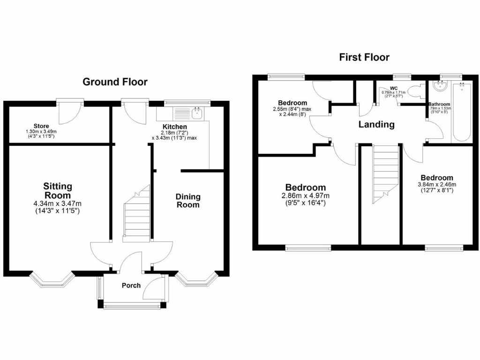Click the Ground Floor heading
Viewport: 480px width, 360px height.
pyautogui.click(x=115, y=82)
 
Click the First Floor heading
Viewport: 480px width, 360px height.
pyautogui.click(x=364, y=57)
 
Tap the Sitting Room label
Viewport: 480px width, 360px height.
pyautogui.click(x=58, y=191)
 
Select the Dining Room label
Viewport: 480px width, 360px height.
pyautogui.click(x=187, y=201)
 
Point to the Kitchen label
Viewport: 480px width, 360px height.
pyautogui.click(x=175, y=127)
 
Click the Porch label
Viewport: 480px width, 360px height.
pyautogui.click(x=131, y=285)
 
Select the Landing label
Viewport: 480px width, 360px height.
pyautogui.click(x=376, y=125)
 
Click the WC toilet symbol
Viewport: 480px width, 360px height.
pyautogui.click(x=415, y=91)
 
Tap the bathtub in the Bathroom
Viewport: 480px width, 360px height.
pyautogui.click(x=462, y=112)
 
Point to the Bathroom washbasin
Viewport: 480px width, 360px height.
pyautogui.click(x=439, y=86)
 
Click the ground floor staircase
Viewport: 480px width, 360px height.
pyautogui.click(x=136, y=216)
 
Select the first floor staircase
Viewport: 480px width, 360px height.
pyautogui.click(x=386, y=173)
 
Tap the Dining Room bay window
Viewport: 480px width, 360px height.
pyautogui.click(x=197, y=279)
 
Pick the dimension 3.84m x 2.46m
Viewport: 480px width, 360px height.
pyautogui.click(x=436, y=184)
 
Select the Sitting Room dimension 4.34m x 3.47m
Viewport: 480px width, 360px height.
pyautogui.click(x=58, y=203)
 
